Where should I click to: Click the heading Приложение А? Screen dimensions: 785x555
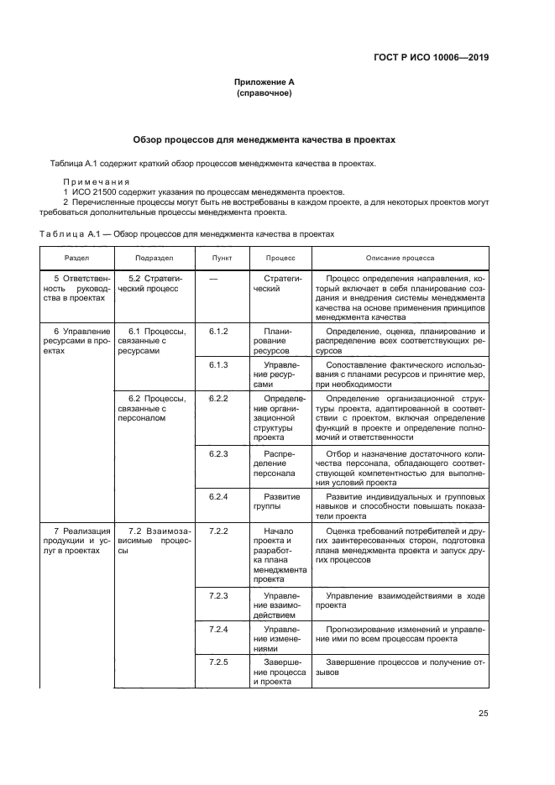[x=264, y=82]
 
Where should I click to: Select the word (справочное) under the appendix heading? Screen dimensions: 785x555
[x=264, y=93]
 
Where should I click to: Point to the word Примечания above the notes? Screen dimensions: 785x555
[x=96, y=181]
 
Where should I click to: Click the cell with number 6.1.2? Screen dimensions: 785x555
[x=219, y=332]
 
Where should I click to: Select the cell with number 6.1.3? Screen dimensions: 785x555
[x=219, y=365]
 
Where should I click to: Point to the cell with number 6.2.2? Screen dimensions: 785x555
[x=219, y=398]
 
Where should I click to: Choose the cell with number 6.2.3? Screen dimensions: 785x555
[x=219, y=453]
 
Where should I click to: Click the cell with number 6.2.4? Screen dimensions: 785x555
[x=219, y=496]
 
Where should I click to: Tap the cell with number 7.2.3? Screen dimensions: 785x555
[x=219, y=595]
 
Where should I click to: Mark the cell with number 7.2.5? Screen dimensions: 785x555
[x=219, y=662]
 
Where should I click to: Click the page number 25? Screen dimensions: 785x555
[x=483, y=714]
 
